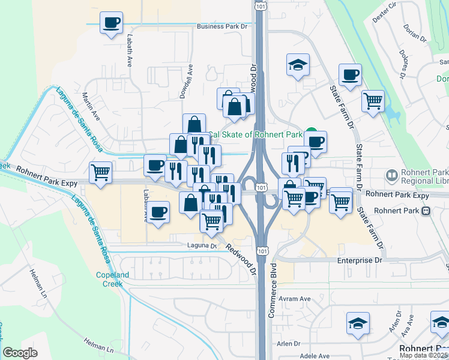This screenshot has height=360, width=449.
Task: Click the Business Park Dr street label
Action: coord(222,26)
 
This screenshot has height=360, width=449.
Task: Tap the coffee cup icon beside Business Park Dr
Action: coord(111,23)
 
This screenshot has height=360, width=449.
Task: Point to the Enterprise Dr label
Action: coord(360,260)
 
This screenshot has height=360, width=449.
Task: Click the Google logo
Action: coord(20,352)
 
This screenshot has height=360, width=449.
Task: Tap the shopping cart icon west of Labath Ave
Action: coord(100,172)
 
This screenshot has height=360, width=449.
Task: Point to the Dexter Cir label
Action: coord(385,12)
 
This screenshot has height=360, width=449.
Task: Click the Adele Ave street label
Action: coord(315,356)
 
